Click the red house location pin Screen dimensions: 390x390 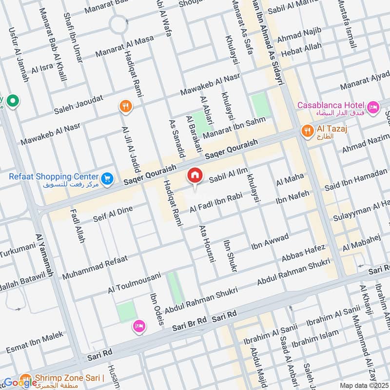(x=195, y=175)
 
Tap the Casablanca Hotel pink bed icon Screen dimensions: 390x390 (x=373, y=107)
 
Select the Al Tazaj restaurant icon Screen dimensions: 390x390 (x=307, y=130)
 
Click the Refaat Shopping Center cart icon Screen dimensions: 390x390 (x=108, y=179)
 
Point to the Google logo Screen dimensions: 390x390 (x=20, y=383)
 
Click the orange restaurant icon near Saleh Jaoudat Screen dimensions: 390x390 (x=126, y=106)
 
